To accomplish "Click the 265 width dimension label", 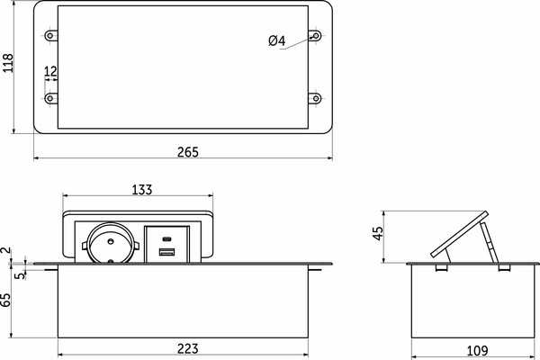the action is click(188, 151).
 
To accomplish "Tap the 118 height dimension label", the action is click(7, 63).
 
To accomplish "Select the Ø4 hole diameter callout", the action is click(277, 40).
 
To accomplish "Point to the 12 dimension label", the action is click(50, 71).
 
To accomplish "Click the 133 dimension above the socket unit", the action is click(142, 190).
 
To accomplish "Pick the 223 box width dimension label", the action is click(188, 348).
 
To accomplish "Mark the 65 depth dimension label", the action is click(6, 300).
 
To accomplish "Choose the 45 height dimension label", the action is click(378, 233).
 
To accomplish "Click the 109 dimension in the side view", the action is click(477, 351).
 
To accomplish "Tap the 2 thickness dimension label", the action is click(7, 250).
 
